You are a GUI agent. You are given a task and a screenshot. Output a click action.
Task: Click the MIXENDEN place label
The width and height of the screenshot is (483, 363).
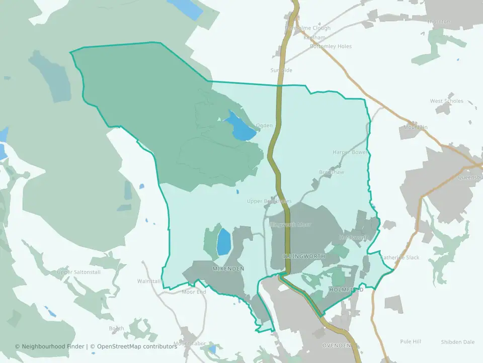pos(228,269)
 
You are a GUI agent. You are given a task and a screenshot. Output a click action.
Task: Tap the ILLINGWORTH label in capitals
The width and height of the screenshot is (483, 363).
pos(303,257)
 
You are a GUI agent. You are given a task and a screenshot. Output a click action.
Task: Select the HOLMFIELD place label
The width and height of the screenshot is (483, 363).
pos(346,290)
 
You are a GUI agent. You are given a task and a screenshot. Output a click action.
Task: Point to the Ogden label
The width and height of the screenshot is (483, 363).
pos(264,126)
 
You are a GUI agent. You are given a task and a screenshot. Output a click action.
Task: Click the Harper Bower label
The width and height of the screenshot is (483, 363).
pos(350,152)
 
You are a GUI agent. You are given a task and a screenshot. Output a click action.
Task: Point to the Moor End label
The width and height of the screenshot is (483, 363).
pos(194,292)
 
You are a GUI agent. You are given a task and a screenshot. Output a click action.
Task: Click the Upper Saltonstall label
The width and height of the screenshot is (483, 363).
pos(79,272)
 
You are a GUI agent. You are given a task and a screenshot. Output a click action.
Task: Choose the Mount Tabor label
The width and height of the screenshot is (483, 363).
pos(190,344)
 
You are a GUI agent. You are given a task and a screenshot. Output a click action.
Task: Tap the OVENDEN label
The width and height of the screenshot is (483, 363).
pos(336,345)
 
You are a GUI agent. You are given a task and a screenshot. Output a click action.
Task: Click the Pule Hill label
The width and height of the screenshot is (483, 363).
pos(410,341)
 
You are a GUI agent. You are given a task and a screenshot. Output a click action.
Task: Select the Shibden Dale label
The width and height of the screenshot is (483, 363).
pos(457,342)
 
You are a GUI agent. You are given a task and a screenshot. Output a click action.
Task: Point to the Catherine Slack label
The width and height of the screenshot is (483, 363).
pos(399,258)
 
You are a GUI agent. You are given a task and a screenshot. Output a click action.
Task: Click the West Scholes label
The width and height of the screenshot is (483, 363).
pos(446,101)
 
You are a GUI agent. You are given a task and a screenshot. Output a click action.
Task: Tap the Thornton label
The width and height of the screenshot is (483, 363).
pos(438,22)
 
